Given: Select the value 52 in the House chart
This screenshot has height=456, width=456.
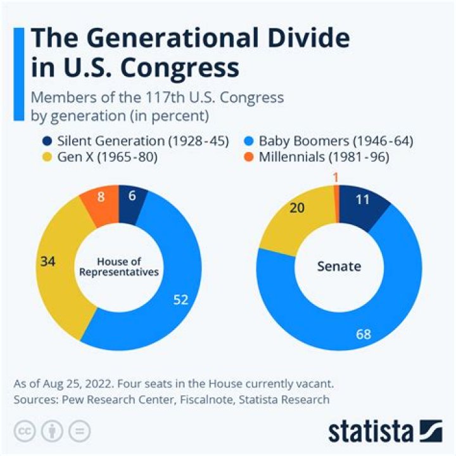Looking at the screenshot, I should [181, 300].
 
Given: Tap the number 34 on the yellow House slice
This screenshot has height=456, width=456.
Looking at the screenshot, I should [47, 261].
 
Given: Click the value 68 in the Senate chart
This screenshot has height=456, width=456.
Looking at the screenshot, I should [363, 333].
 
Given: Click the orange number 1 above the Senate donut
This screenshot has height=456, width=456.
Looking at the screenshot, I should [335, 179].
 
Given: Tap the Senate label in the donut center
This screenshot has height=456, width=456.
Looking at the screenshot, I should [339, 266].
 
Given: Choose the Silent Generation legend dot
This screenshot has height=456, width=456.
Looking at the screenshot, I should [46, 141].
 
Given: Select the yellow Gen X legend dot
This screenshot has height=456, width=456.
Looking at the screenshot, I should [46, 157].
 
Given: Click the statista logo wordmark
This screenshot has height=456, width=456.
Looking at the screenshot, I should [370, 432].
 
